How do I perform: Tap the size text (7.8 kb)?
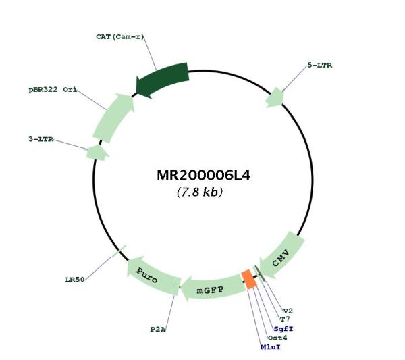(x=200, y=192)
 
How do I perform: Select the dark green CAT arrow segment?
(x=162, y=78)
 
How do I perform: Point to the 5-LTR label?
(x=319, y=66)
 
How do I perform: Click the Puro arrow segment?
(x=151, y=273)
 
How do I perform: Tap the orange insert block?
(x=249, y=279)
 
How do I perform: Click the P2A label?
(x=158, y=330)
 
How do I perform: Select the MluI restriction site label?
(x=270, y=346)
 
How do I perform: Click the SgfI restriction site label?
(x=283, y=328)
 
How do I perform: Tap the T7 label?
(x=285, y=319)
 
